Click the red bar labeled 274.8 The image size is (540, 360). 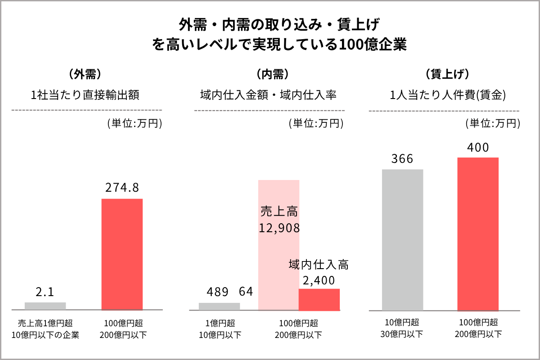[122, 254]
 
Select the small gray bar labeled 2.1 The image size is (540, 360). [45, 306]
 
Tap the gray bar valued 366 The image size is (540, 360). [402, 240]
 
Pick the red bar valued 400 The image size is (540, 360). [478, 234]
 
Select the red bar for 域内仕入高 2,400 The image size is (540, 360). [319, 299]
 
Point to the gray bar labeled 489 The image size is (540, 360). [219, 306]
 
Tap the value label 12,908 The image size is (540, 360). [279, 228]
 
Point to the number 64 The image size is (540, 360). [246, 292]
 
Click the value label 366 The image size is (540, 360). [402, 159]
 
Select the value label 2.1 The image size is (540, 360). [45, 292]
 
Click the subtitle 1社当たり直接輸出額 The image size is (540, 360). [85, 95]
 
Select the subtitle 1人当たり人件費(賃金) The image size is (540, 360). [447, 95]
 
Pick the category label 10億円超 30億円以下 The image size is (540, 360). [402, 328]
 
